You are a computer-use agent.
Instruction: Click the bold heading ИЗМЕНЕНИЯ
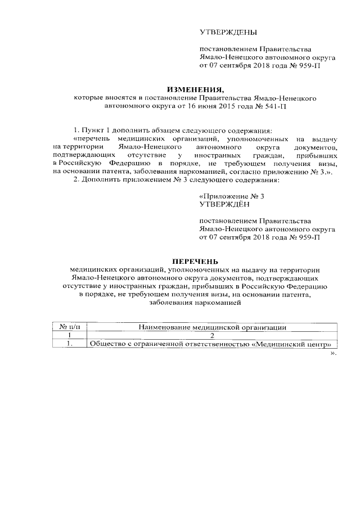click(195, 89)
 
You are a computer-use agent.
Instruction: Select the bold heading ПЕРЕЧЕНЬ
click(195, 261)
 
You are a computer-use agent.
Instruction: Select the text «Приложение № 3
click(232, 196)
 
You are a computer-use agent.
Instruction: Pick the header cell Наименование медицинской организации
click(212, 327)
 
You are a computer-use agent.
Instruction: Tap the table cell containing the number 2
click(212, 336)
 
